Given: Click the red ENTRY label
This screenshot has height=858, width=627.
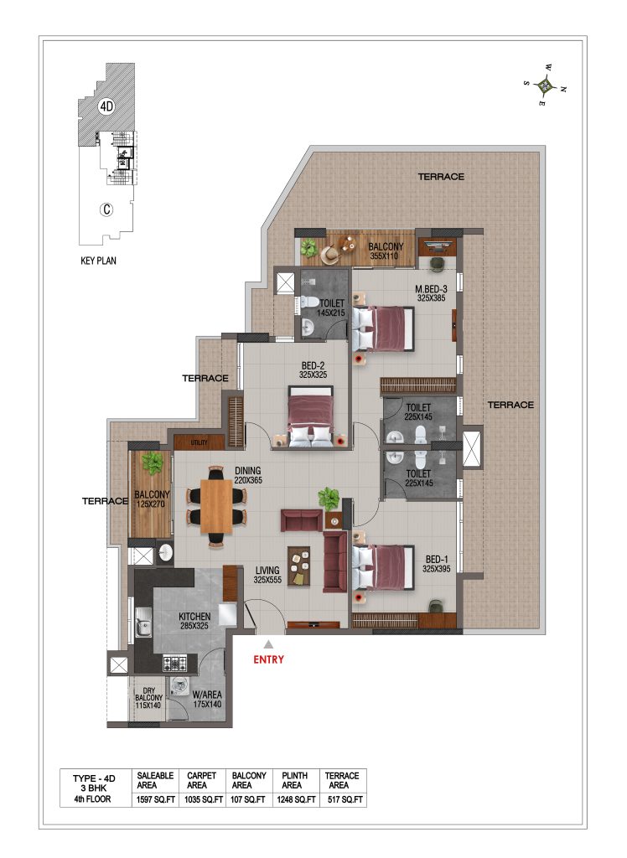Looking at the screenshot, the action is pos(268,659).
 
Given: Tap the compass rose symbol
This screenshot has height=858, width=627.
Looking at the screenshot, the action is pos(545,85).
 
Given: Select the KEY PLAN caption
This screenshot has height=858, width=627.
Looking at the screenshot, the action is pos(99,261).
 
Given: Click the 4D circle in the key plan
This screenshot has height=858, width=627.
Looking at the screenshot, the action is pos(106,106).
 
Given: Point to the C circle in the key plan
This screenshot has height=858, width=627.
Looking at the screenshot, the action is pos(106,209).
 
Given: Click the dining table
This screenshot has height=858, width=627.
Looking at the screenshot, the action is pos(216,505).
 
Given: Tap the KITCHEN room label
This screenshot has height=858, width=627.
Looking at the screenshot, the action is pos(194,621).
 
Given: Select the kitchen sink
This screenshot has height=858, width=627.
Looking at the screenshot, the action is pos(143,622).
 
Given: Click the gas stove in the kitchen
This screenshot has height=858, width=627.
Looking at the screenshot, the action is pos(175,664).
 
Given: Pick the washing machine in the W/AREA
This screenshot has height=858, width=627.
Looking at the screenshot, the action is pos(178,687).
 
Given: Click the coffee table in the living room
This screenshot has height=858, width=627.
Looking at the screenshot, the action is pos(299,566).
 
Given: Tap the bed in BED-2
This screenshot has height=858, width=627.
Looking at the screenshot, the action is pos(310,417).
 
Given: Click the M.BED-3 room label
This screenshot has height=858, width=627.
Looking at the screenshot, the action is pos(431,293).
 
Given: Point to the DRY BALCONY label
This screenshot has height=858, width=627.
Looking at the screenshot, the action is pos(148,698).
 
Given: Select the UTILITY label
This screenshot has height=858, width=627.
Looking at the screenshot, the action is pos(199,442).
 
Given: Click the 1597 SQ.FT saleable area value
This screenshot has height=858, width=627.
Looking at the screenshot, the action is pos(156,799).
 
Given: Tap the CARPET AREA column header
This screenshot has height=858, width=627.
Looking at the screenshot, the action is pos(201,780).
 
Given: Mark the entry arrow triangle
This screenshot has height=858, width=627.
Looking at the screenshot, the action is pos(268,644).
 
